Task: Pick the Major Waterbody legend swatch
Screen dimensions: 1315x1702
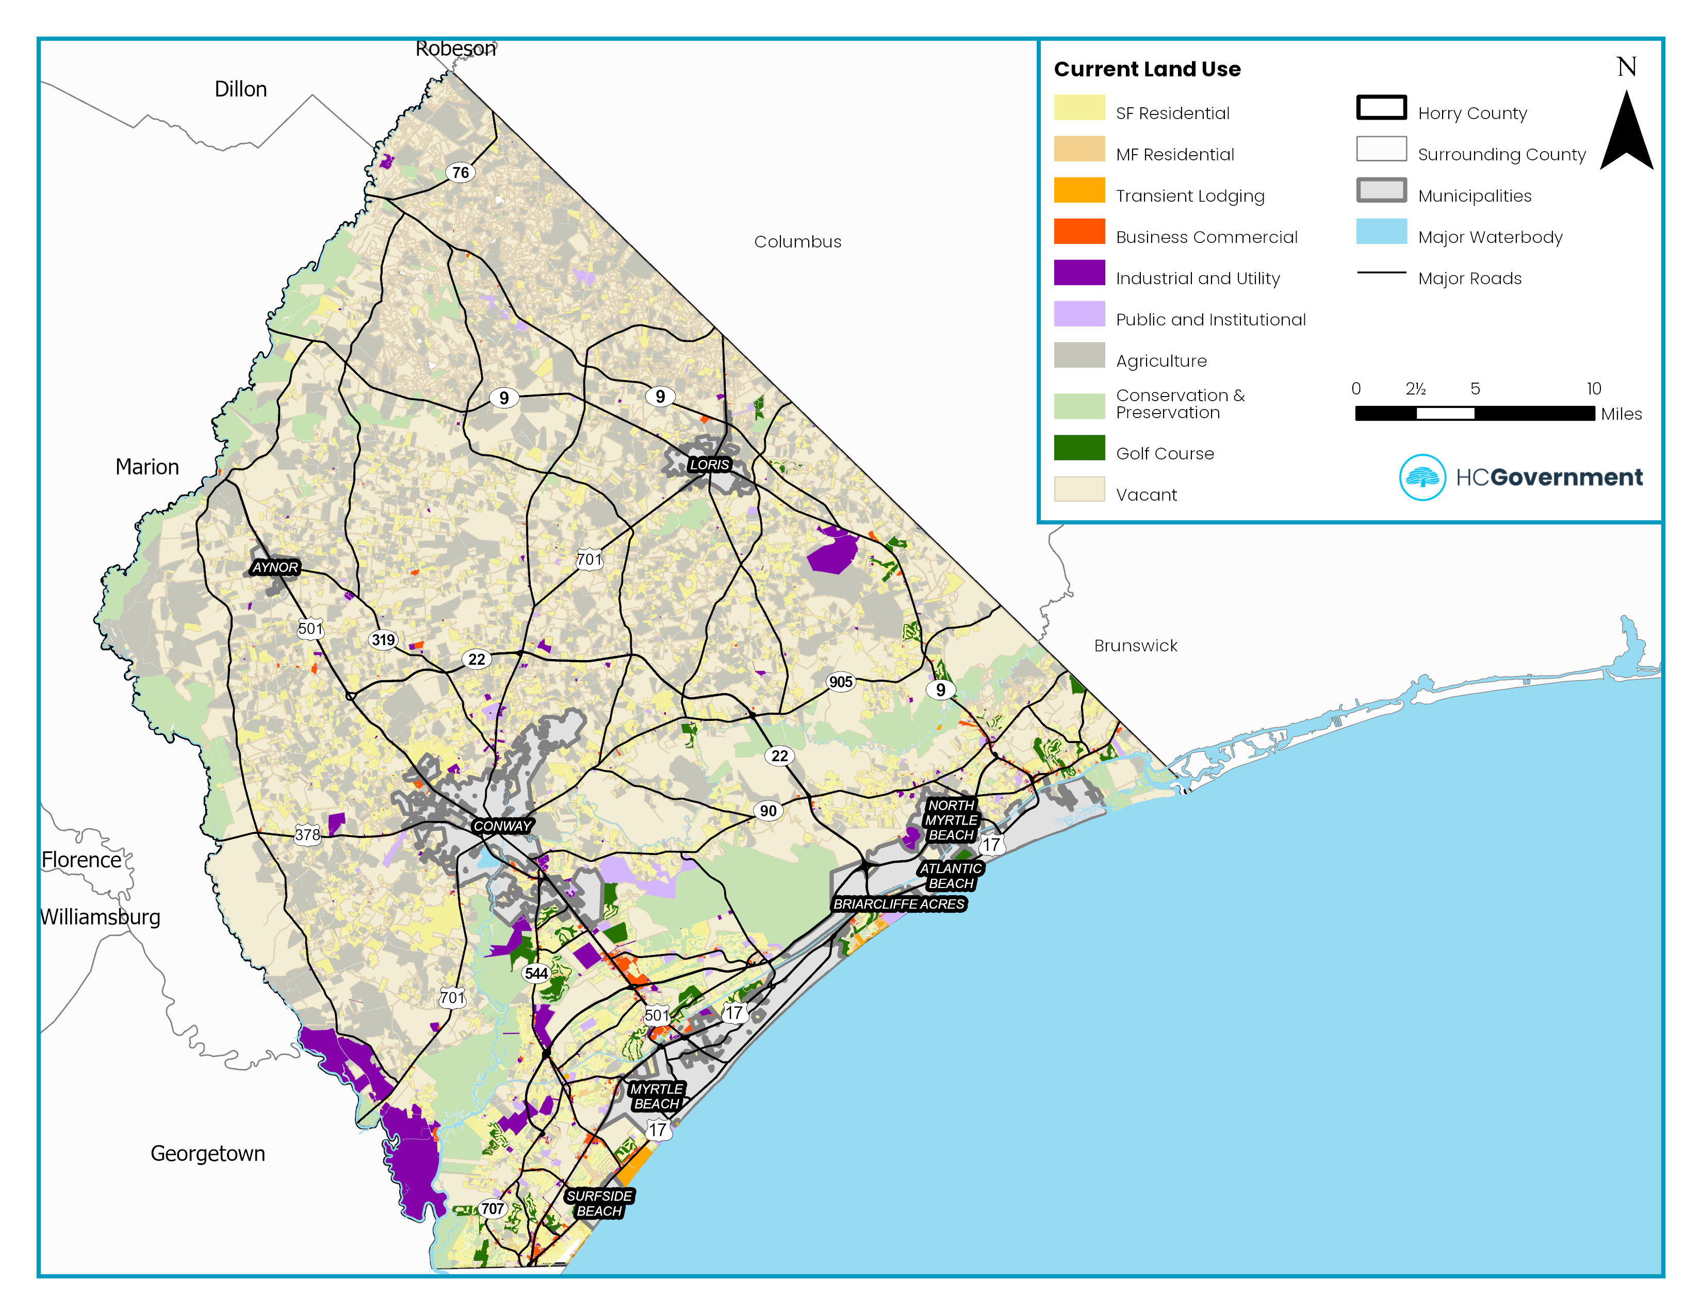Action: pos(1381,232)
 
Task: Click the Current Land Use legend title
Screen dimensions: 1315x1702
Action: pos(1147,69)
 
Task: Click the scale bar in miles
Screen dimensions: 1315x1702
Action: pos(1475,414)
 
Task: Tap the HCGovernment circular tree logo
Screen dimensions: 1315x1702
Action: pos(1422,477)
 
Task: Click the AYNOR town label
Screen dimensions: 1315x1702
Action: pos(275,567)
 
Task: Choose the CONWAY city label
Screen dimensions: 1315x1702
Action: pos(502,826)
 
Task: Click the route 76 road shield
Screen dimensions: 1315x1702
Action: pos(461,172)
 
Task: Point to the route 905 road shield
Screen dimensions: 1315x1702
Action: pos(840,682)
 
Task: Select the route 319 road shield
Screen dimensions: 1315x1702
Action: pos(383,639)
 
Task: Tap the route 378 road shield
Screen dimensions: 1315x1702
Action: pos(307,835)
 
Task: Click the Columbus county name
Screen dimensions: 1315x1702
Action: pos(797,241)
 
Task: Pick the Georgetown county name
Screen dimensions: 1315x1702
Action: pos(207,1153)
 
